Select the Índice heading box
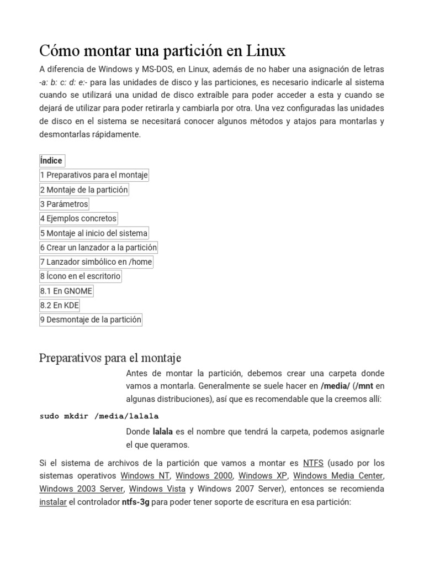tap(51, 161)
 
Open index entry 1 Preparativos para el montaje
tap(94, 175)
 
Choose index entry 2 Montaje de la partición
tap(84, 190)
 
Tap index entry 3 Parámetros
tap(64, 204)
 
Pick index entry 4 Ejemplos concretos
tap(78, 218)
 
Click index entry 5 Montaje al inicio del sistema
tap(94, 233)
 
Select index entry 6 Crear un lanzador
tap(98, 247)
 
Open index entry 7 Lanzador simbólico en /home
tap(96, 261)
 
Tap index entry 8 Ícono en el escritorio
tap(80, 276)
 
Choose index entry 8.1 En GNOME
tap(66, 290)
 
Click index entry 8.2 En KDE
tap(60, 305)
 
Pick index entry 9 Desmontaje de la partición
tap(91, 319)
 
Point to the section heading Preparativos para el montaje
tap(110, 358)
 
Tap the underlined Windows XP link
tap(263, 475)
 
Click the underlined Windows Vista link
tap(153, 489)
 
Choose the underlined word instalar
tap(52, 502)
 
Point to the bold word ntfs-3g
tap(135, 502)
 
